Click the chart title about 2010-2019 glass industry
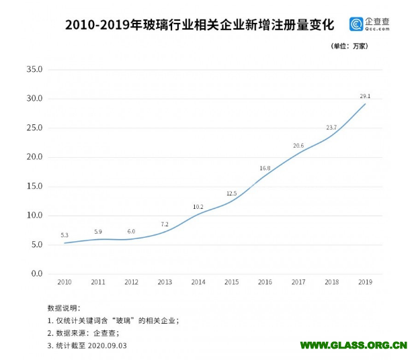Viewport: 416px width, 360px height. pyautogui.click(x=199, y=26)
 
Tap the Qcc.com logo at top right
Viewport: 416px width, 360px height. pyautogui.click(x=369, y=25)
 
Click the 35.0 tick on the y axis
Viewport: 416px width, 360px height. pyautogui.click(x=34, y=69)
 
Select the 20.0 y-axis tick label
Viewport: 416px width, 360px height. pyautogui.click(x=34, y=157)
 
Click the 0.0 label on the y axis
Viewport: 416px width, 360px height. pyautogui.click(x=35, y=274)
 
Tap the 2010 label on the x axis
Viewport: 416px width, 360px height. pyautogui.click(x=65, y=283)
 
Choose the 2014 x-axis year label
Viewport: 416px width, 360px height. pyautogui.click(x=198, y=283)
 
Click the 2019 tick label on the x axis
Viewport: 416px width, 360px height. pyautogui.click(x=366, y=283)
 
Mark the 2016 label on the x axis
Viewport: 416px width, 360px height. pyautogui.click(x=265, y=283)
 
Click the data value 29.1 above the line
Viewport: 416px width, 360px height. pyautogui.click(x=365, y=96)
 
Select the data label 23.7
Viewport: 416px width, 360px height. pyautogui.click(x=331, y=128)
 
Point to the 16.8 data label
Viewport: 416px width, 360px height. pyautogui.click(x=265, y=168)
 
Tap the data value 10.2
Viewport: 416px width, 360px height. pyautogui.click(x=198, y=207)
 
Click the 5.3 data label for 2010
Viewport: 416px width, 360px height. pyautogui.click(x=65, y=235)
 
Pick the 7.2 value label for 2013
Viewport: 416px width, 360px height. pyautogui.click(x=165, y=224)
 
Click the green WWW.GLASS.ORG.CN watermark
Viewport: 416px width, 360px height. pyautogui.click(x=353, y=345)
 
